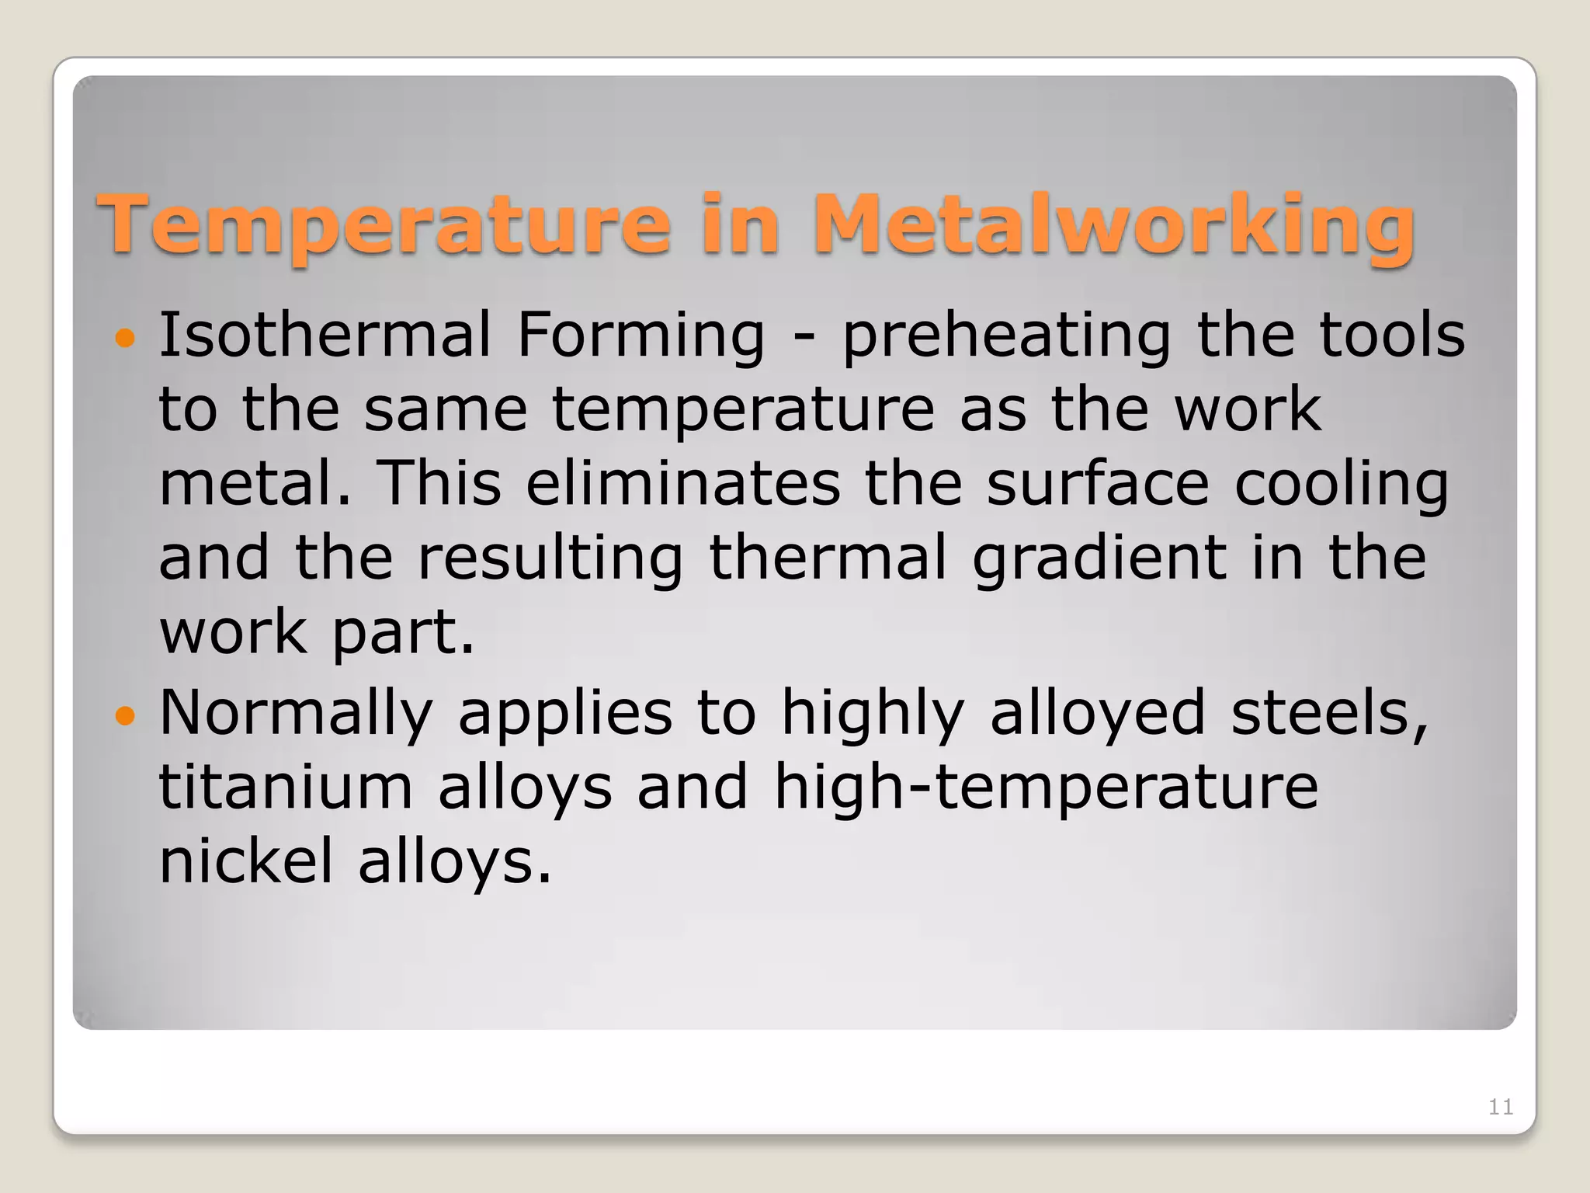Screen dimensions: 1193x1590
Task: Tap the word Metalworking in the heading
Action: pos(1113,225)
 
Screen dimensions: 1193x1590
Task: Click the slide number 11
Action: pos(1500,1107)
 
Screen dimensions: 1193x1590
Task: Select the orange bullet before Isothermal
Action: pos(124,338)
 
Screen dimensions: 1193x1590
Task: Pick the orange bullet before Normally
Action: pos(124,715)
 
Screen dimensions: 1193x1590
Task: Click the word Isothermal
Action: pos(325,335)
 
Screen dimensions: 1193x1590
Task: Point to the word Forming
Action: pos(641,335)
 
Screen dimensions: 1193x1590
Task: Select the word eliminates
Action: pos(683,483)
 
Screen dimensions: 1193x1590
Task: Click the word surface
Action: pos(1098,483)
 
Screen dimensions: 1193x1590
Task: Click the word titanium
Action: pos(286,788)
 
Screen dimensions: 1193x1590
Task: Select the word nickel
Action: pos(246,861)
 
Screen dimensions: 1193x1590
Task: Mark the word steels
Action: pos(1328,713)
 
